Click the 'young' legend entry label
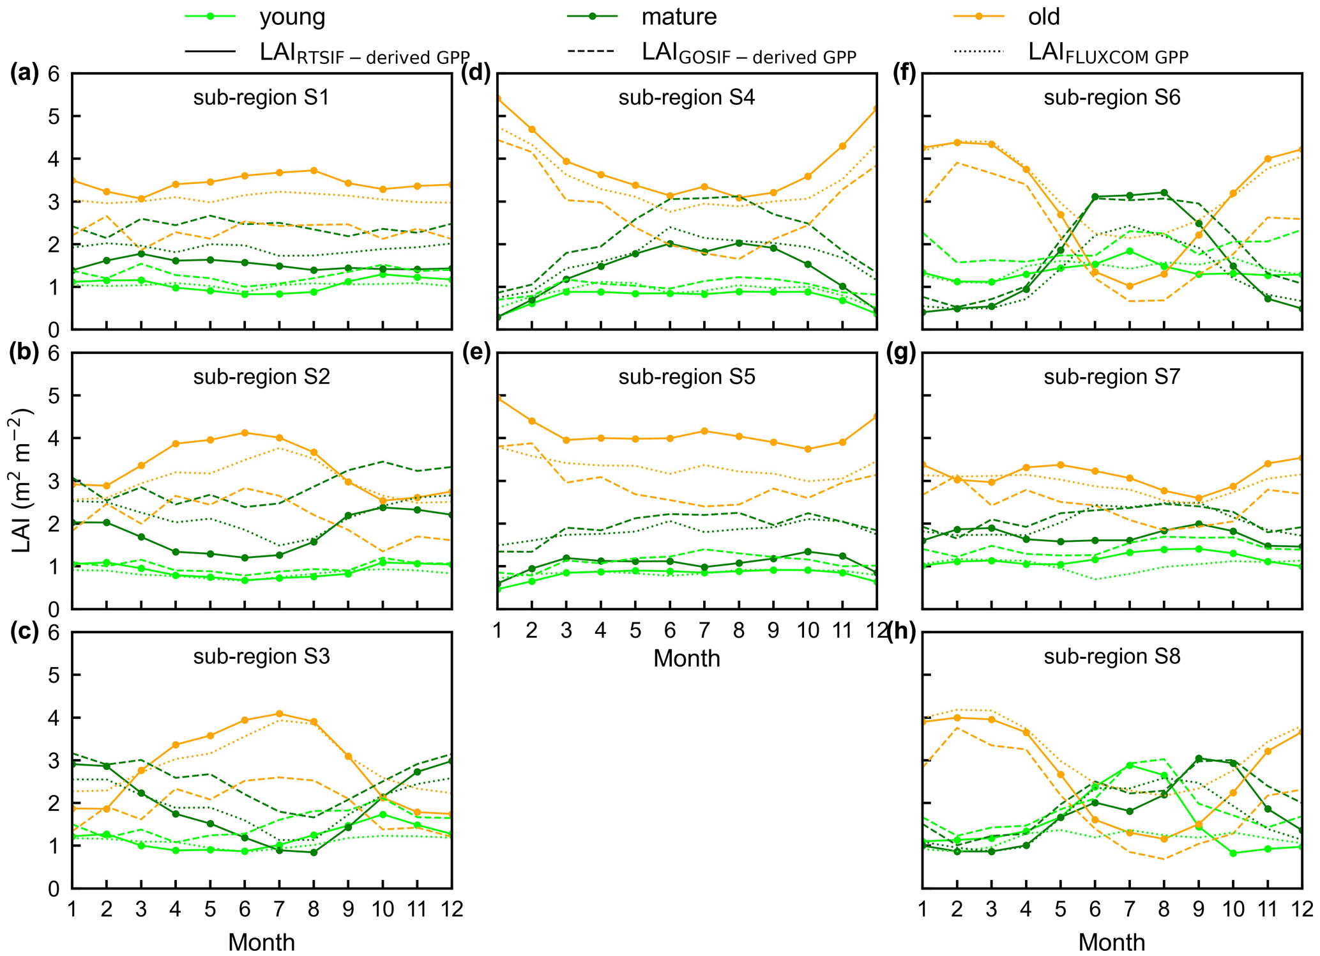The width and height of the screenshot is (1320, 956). (x=292, y=17)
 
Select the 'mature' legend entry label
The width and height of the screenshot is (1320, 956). (x=679, y=17)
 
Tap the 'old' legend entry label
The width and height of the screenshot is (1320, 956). (x=1043, y=17)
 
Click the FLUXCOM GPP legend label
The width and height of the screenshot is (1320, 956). (x=1108, y=54)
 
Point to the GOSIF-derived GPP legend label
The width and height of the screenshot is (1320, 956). (x=748, y=54)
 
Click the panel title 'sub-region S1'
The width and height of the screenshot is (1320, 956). (x=261, y=98)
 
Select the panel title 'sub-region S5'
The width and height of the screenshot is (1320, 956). (x=687, y=377)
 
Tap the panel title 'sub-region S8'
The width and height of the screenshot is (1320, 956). (x=1112, y=657)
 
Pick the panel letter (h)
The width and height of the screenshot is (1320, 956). (x=901, y=632)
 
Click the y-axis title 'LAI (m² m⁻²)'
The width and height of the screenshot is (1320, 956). (x=22, y=481)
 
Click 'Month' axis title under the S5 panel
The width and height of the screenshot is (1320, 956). (x=687, y=659)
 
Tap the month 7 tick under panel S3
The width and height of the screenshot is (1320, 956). (x=279, y=909)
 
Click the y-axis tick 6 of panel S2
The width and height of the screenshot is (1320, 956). (x=54, y=353)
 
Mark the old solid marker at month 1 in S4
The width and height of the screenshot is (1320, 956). (x=498, y=99)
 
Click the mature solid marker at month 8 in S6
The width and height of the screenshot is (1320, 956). (x=1164, y=192)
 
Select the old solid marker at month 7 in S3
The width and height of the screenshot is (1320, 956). (x=279, y=714)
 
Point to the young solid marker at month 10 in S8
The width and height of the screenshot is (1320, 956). (x=1233, y=853)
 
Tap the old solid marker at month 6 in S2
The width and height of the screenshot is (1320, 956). (x=244, y=433)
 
